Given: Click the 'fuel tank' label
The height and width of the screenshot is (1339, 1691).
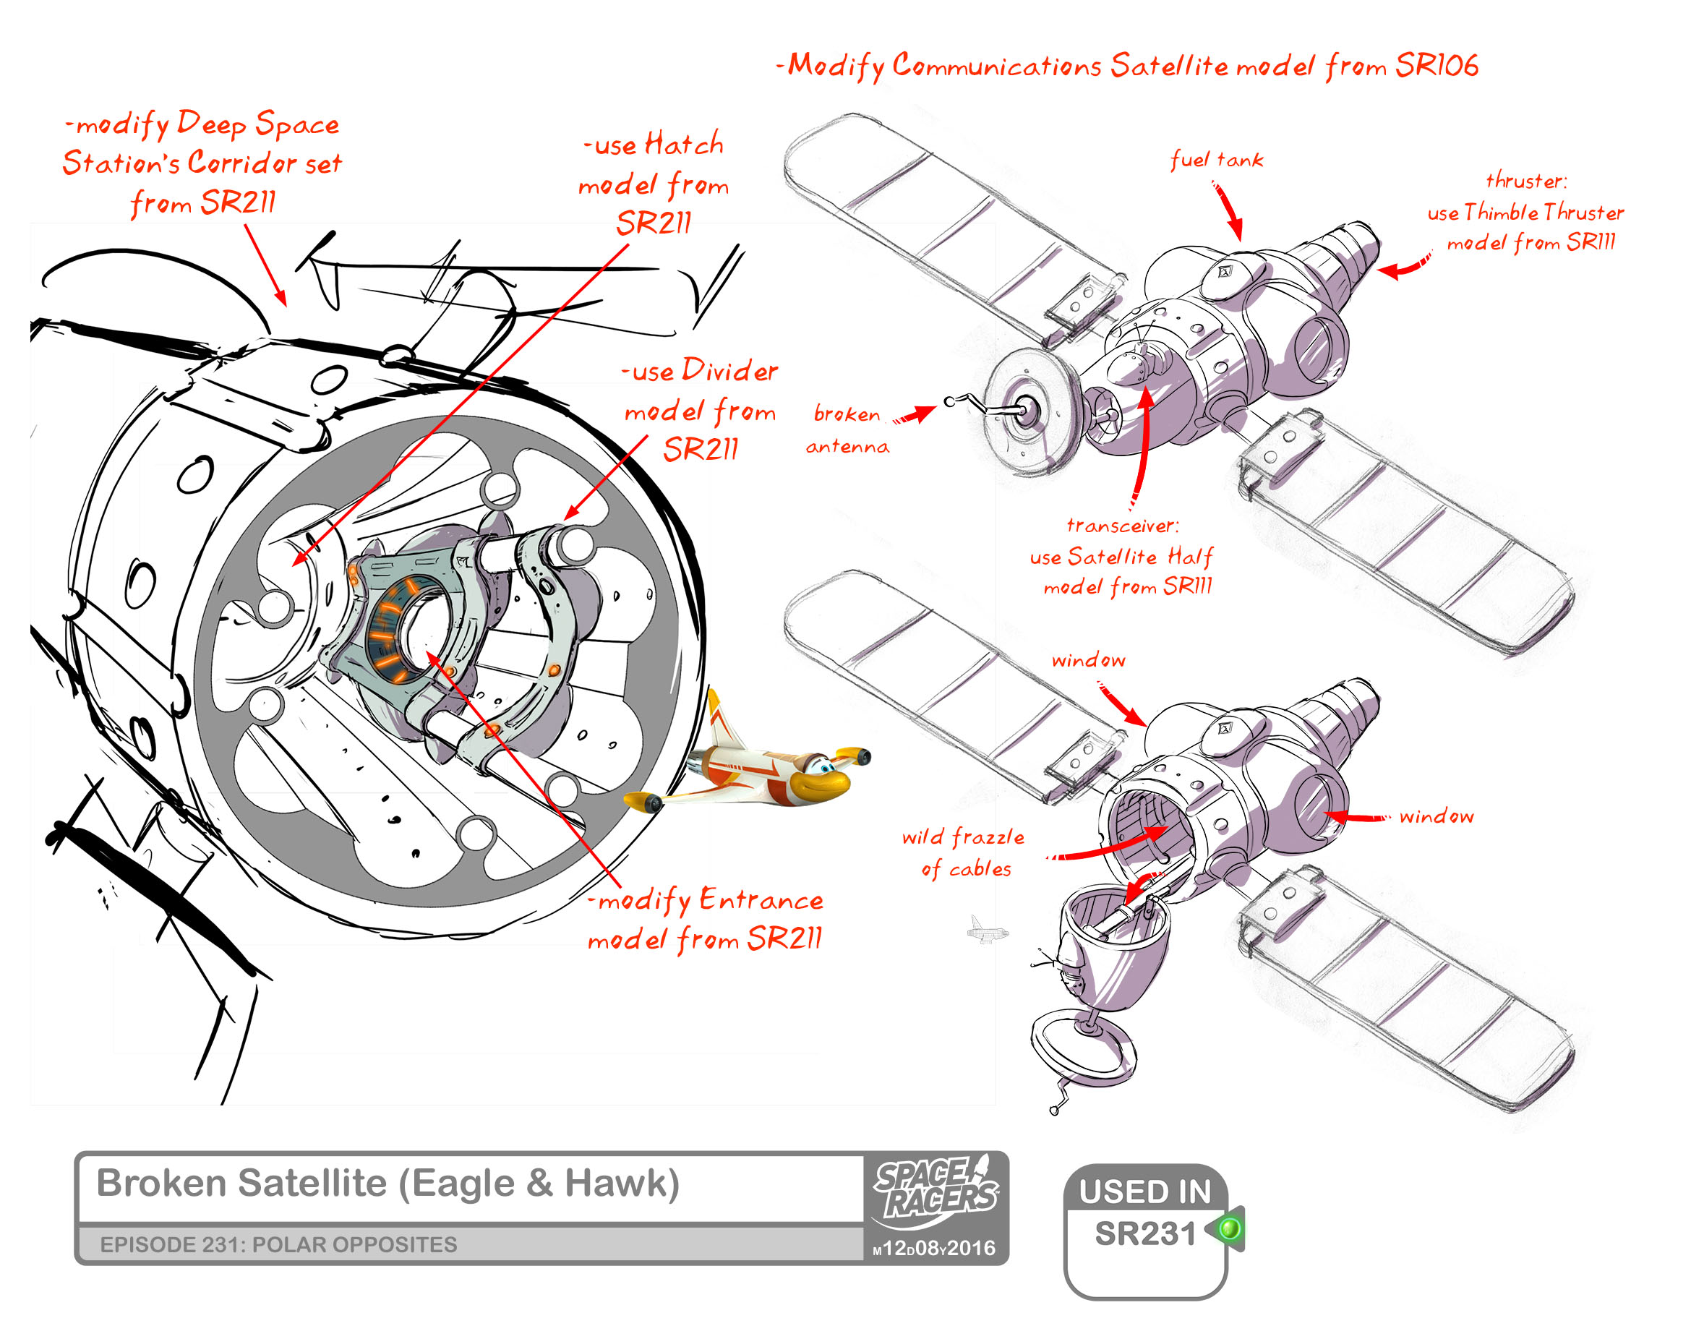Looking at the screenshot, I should [1216, 160].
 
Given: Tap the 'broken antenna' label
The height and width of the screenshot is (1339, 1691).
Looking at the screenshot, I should [847, 429].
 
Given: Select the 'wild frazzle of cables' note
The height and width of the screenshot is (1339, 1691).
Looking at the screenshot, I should [964, 853].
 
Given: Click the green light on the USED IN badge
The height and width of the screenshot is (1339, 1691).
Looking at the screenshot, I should [1230, 1227].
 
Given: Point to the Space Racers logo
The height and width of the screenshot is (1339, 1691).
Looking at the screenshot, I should [936, 1189].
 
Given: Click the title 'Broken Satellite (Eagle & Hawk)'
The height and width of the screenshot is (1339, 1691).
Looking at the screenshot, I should [388, 1183].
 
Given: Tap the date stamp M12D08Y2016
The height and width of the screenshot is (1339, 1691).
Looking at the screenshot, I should [933, 1248].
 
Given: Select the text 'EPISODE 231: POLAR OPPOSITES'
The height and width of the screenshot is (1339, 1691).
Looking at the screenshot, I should [278, 1245].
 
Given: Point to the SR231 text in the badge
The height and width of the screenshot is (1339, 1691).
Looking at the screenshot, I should [1144, 1234].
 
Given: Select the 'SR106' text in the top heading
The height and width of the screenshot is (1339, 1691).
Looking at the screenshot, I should [1437, 66].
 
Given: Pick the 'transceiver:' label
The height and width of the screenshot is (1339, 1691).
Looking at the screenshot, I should [1123, 525].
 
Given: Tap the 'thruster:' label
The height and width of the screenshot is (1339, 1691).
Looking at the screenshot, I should [1526, 181].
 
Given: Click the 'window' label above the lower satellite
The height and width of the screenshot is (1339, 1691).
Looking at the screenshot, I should [1088, 660].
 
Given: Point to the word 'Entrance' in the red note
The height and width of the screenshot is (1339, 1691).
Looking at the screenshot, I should [761, 900].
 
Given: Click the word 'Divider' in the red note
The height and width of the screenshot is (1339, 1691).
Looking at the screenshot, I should [729, 370].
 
